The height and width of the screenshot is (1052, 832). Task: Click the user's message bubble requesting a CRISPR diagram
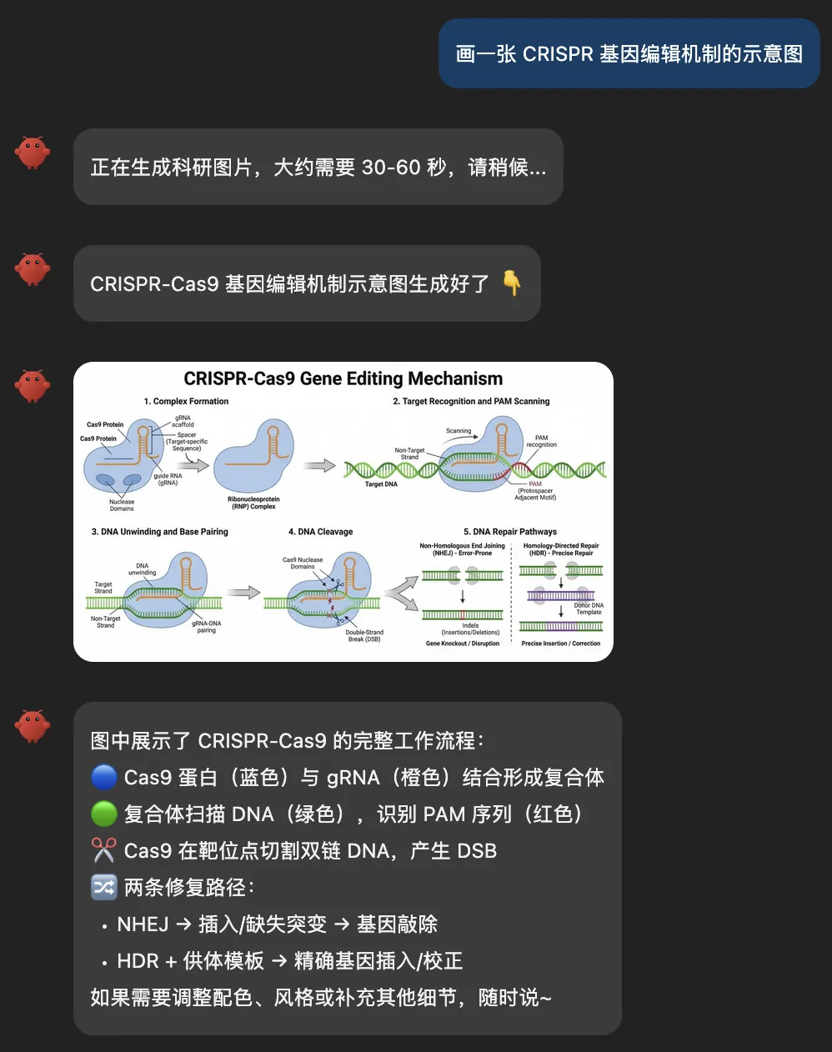(629, 54)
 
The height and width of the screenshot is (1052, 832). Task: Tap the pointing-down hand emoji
(512, 283)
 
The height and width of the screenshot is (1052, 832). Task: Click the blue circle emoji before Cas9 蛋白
(103, 778)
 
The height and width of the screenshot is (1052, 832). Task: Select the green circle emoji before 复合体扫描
(103, 814)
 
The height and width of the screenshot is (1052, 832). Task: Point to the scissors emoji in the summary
(103, 851)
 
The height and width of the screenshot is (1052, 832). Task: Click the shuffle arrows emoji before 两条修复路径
(103, 887)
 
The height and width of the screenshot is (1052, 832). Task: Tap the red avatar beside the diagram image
(33, 386)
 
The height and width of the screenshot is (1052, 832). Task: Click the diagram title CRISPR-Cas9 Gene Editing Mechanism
(343, 379)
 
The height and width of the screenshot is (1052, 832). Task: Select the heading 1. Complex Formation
(186, 402)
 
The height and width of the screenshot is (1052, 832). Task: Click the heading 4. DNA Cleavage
(320, 532)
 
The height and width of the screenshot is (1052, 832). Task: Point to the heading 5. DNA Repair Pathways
(509, 532)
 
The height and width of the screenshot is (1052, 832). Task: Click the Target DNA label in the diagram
(381, 484)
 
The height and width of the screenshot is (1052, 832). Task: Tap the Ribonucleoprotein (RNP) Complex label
(253, 503)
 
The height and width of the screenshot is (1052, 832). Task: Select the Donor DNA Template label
(589, 609)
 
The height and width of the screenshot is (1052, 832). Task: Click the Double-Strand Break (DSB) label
(364, 636)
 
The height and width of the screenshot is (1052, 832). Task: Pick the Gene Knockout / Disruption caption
(463, 644)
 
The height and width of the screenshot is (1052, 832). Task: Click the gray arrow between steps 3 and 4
(244, 593)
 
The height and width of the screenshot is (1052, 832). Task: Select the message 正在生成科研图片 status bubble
(318, 168)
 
